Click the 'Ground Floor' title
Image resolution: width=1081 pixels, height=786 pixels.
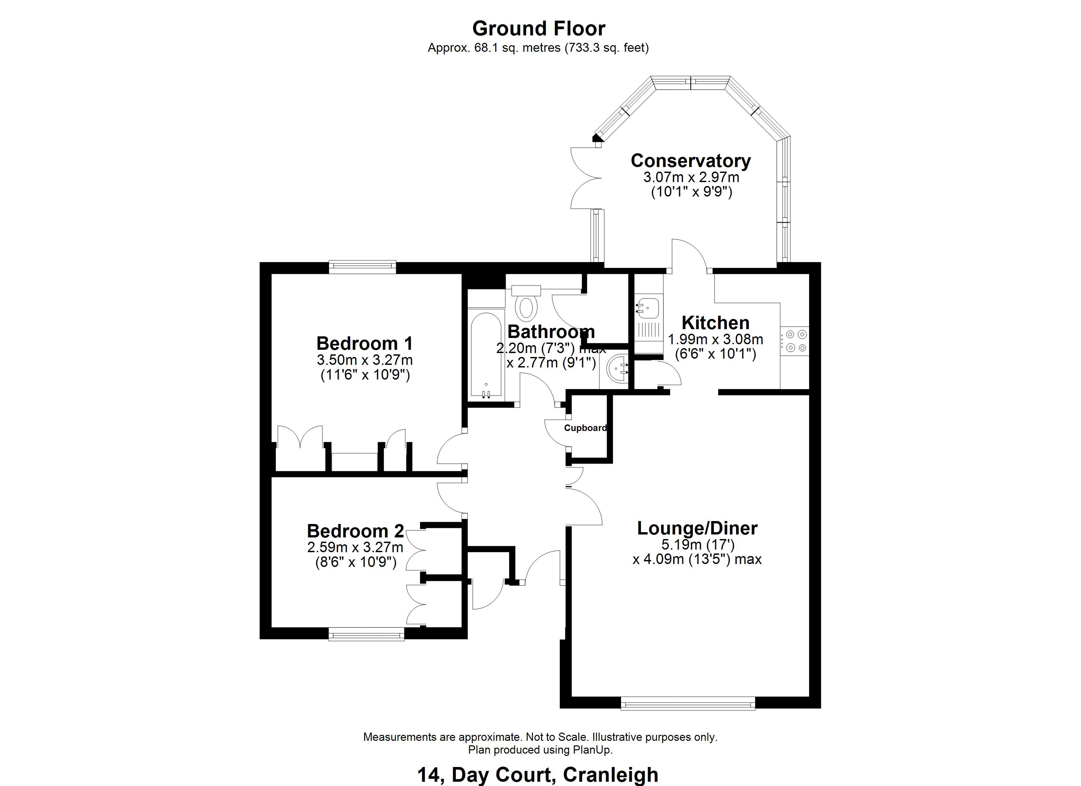[539, 28]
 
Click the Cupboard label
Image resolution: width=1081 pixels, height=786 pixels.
[585, 428]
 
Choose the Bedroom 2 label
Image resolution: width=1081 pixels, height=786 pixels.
[355, 531]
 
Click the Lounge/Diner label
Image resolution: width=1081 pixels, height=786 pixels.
[697, 528]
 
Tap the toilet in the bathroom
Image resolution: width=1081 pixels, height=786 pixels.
[526, 308]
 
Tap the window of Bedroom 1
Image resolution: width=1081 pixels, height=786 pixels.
[362, 267]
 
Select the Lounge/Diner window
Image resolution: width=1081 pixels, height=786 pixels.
[688, 703]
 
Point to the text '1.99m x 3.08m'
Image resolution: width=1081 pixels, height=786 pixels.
[715, 339]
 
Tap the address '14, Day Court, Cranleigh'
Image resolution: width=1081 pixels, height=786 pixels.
[538, 775]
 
